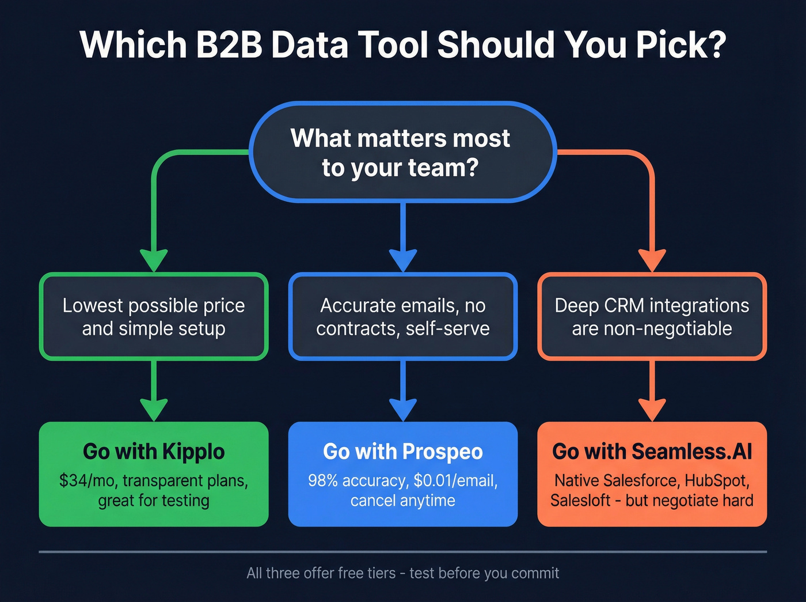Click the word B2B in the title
pyautogui.click(x=229, y=45)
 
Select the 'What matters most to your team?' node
pyautogui.click(x=402, y=153)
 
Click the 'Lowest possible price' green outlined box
pyautogui.click(x=154, y=316)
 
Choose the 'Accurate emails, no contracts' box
pyautogui.click(x=402, y=316)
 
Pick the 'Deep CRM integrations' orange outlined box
pyautogui.click(x=652, y=316)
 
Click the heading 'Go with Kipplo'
pyautogui.click(x=154, y=452)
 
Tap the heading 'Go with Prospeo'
pyautogui.click(x=402, y=452)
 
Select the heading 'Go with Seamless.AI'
pyautogui.click(x=652, y=452)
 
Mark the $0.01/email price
pyautogui.click(x=455, y=480)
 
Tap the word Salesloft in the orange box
pyautogui.click(x=580, y=501)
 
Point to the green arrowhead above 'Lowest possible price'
pyautogui.click(x=154, y=260)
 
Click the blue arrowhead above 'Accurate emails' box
pyautogui.click(x=402, y=260)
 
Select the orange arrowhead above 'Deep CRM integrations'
pyautogui.click(x=652, y=260)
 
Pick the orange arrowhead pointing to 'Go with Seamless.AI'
pyautogui.click(x=652, y=410)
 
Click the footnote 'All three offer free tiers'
pyautogui.click(x=321, y=573)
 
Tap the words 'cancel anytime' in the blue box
pyautogui.click(x=402, y=501)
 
